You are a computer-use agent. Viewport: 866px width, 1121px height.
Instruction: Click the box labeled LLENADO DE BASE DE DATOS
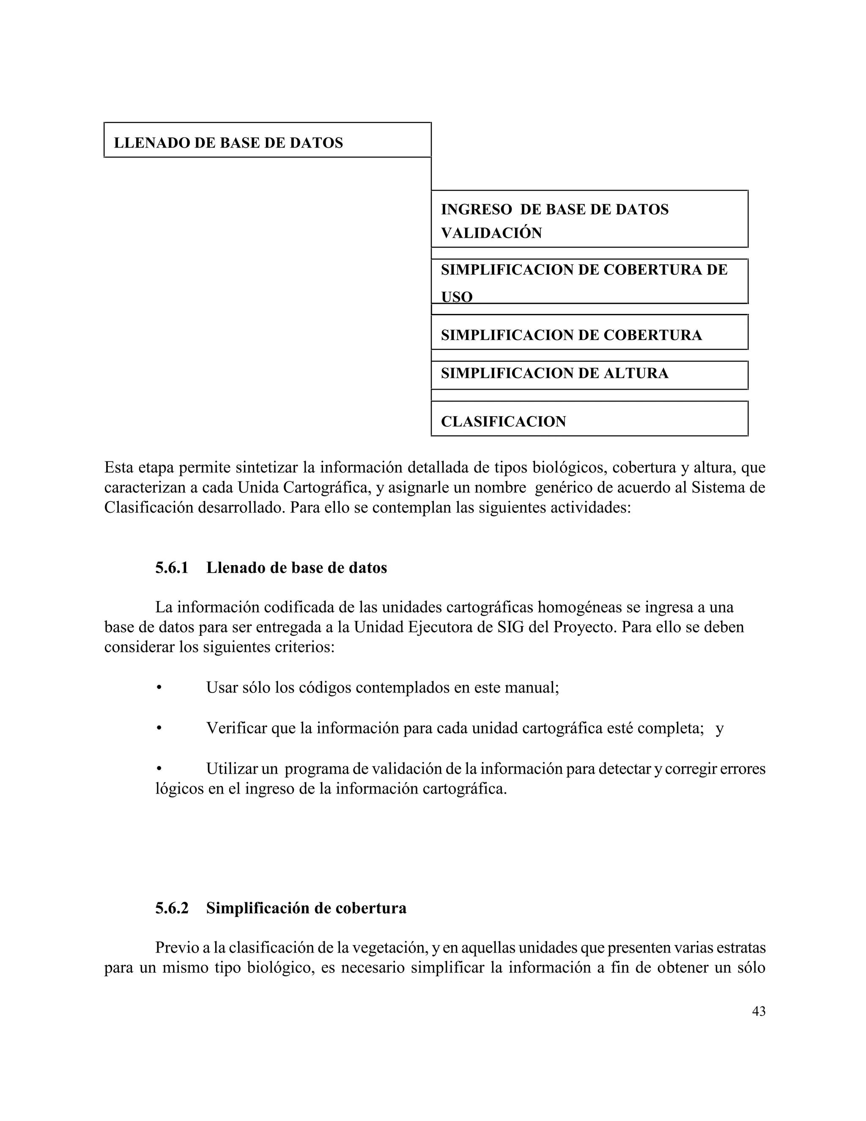point(267,140)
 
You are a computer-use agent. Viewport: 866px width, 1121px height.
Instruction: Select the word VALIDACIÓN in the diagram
point(491,233)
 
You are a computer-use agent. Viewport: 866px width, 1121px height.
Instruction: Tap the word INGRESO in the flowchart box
point(476,209)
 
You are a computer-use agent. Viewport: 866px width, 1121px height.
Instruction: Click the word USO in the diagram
point(457,297)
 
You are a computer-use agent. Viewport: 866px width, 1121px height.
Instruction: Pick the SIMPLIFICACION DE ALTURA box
point(589,375)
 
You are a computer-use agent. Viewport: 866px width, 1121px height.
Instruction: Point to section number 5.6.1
point(172,568)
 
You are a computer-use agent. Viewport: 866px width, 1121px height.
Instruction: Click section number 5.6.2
point(172,908)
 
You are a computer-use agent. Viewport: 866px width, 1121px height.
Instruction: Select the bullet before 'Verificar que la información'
point(159,728)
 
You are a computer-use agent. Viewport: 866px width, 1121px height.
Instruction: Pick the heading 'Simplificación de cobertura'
point(306,908)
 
